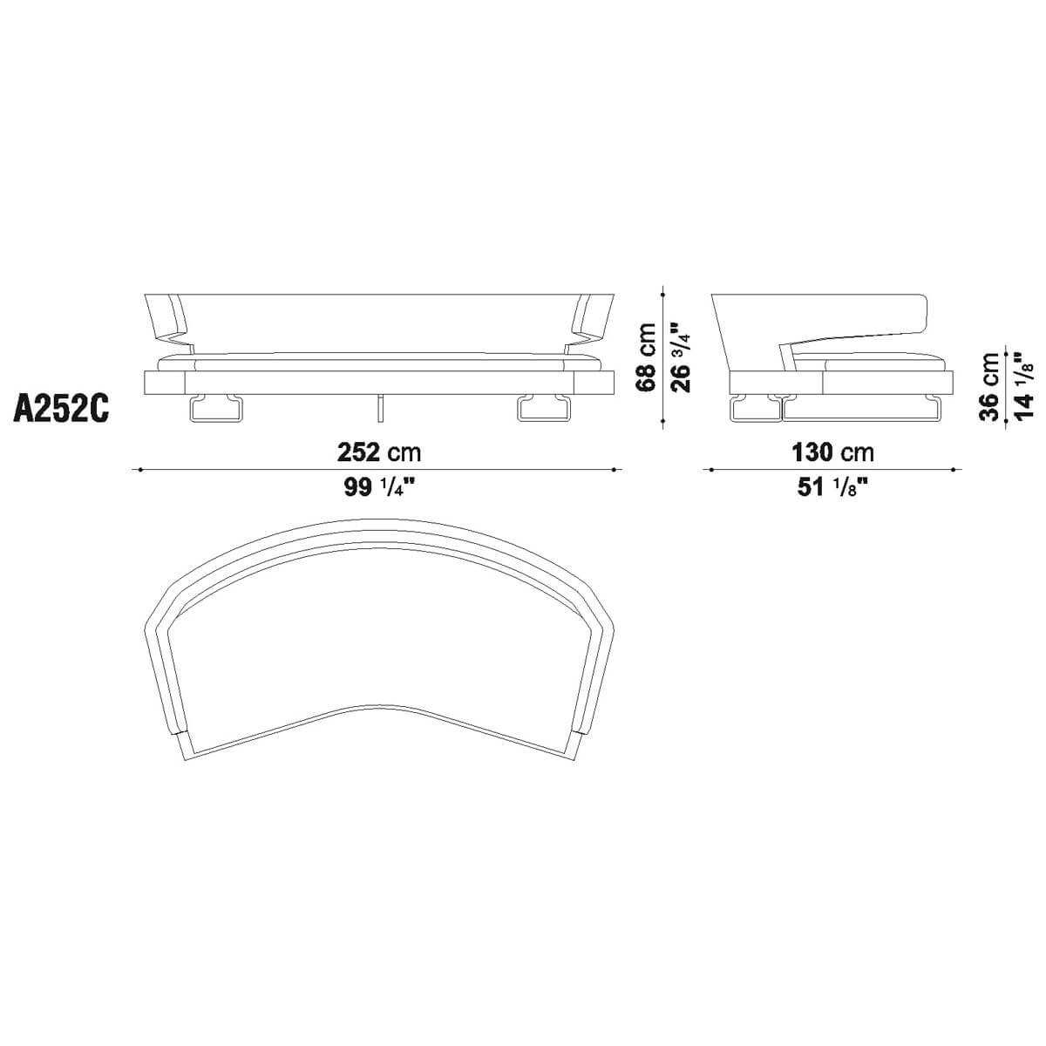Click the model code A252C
click(x=61, y=407)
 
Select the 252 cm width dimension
click(x=379, y=452)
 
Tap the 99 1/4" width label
click(x=380, y=487)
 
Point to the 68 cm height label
click(x=645, y=357)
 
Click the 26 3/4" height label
click(x=681, y=357)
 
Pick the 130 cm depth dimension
click(x=833, y=452)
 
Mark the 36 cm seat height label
click(x=988, y=386)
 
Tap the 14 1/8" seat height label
click(x=1023, y=386)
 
